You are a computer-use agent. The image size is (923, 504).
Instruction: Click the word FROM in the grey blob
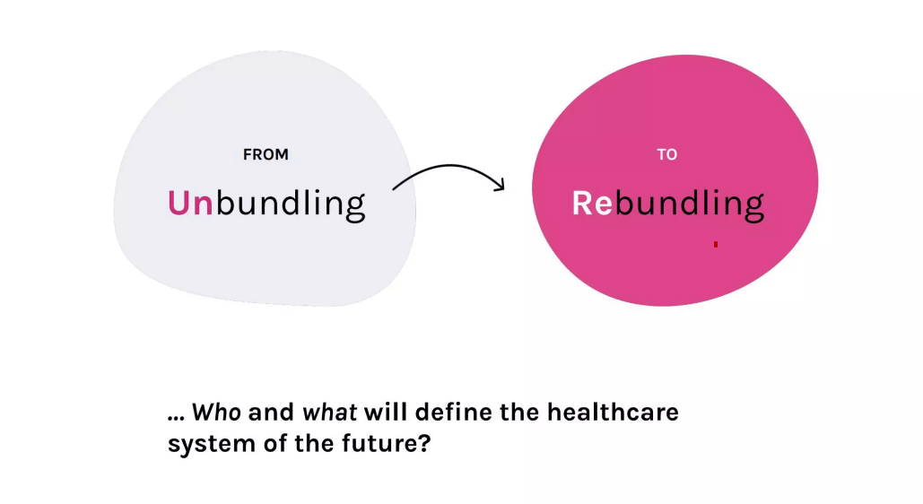[x=266, y=154]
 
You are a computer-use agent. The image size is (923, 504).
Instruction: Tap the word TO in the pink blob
[x=667, y=154]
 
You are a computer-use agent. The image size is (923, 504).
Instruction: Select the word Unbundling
[x=266, y=204]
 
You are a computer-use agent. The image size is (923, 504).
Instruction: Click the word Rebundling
[x=668, y=204]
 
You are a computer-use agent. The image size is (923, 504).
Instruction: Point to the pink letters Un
[x=190, y=204]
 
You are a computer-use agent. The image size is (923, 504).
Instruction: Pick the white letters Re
[x=592, y=204]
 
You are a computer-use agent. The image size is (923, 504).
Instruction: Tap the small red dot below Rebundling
[x=716, y=244]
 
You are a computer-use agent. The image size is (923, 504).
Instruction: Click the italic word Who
[x=216, y=413]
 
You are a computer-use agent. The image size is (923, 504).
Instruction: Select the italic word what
[x=330, y=413]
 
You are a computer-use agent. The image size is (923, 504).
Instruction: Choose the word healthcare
[x=613, y=412]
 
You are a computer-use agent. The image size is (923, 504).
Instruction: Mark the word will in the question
[x=389, y=412]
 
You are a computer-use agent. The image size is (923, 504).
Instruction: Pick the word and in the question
[x=272, y=412]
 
